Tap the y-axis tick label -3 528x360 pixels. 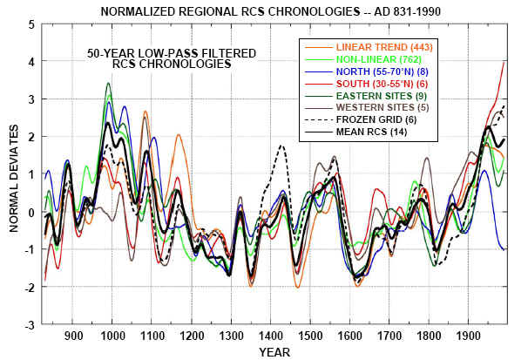(30, 323)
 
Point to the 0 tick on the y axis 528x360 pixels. (32, 212)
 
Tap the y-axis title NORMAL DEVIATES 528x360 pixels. (12, 174)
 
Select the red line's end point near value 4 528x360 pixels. (504, 62)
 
